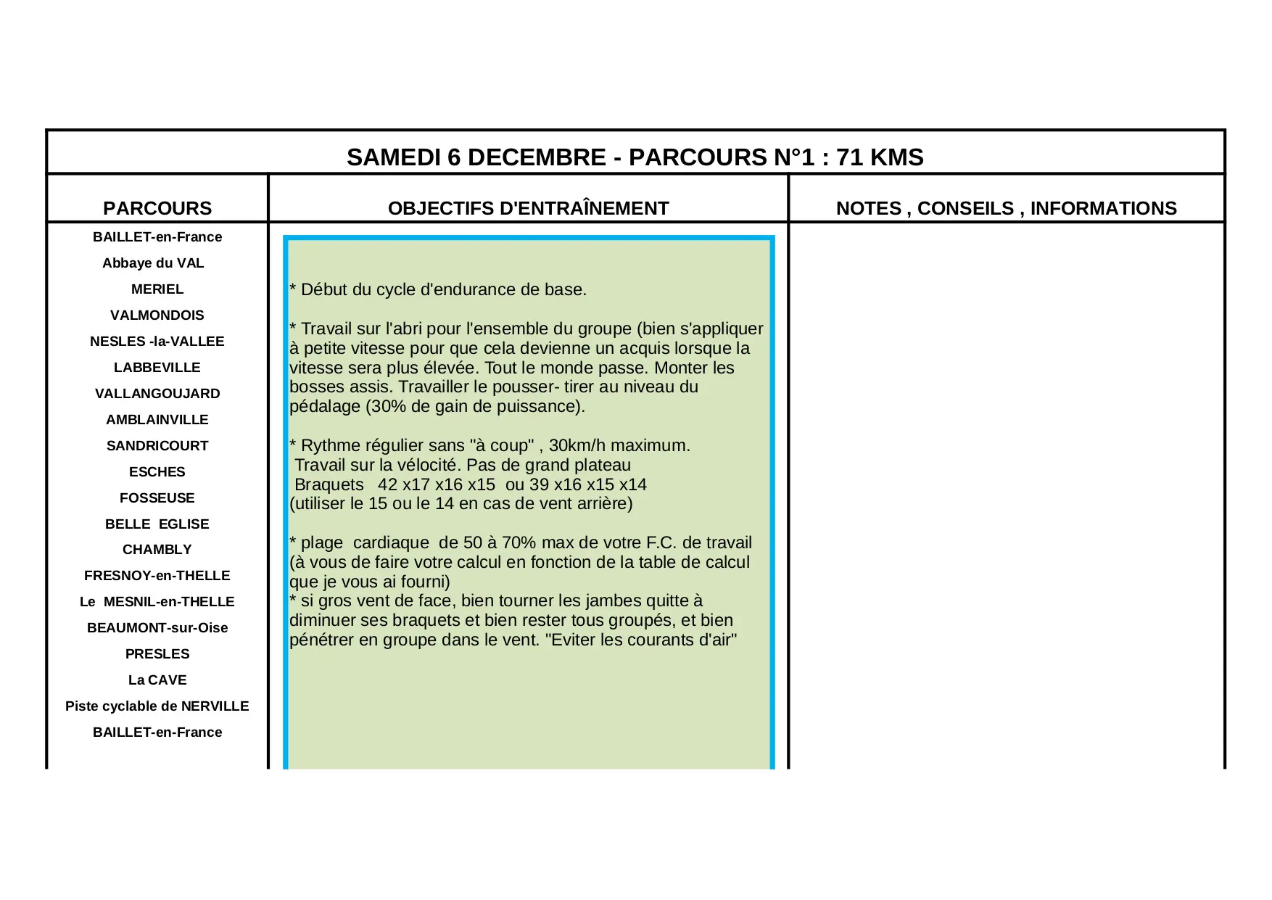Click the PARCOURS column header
(157, 208)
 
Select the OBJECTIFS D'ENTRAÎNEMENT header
(528, 208)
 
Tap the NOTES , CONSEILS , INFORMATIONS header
(1006, 208)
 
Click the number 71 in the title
(849, 157)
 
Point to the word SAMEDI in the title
(393, 157)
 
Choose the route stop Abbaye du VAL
(153, 263)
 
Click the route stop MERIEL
(157, 289)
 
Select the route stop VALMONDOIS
(157, 315)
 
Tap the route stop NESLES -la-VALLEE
(157, 342)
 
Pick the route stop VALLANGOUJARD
(157, 394)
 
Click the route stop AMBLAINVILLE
(157, 420)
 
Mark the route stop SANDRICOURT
(157, 446)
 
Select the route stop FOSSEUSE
(157, 498)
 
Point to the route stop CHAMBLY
(157, 550)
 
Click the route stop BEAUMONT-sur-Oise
(157, 628)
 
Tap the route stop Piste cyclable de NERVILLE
(157, 706)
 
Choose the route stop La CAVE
(157, 680)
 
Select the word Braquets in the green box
(329, 484)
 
